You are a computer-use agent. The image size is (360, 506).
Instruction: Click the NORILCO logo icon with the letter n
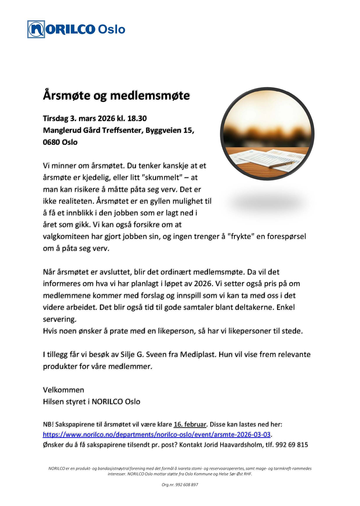point(36,29)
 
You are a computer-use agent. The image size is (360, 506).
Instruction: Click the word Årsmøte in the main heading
point(67,96)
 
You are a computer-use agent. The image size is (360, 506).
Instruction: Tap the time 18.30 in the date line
point(137,118)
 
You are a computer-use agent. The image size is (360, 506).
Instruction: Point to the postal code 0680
point(51,142)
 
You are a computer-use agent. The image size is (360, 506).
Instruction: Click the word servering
point(59,319)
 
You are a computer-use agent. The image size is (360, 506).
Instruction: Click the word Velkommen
point(63,390)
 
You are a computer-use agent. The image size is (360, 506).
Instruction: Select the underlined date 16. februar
point(190,424)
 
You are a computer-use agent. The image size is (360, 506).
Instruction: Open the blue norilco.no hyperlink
point(157,434)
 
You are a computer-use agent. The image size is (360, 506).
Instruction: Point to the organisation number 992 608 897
point(187,485)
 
